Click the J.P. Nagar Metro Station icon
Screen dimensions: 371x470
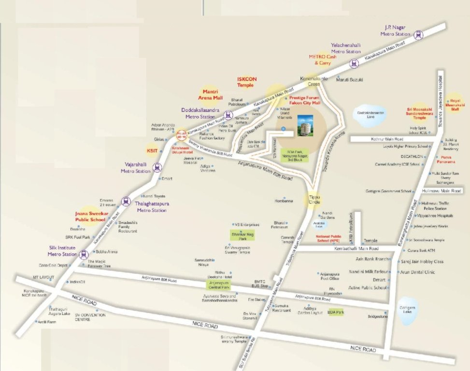418,34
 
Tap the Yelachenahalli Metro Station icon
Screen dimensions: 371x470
355,62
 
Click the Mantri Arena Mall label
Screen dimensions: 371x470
213,94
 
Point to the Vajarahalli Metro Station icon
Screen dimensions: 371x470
157,168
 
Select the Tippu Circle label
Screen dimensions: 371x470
313,199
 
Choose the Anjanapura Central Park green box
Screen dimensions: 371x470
219,285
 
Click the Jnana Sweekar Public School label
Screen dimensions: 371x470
90,216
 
